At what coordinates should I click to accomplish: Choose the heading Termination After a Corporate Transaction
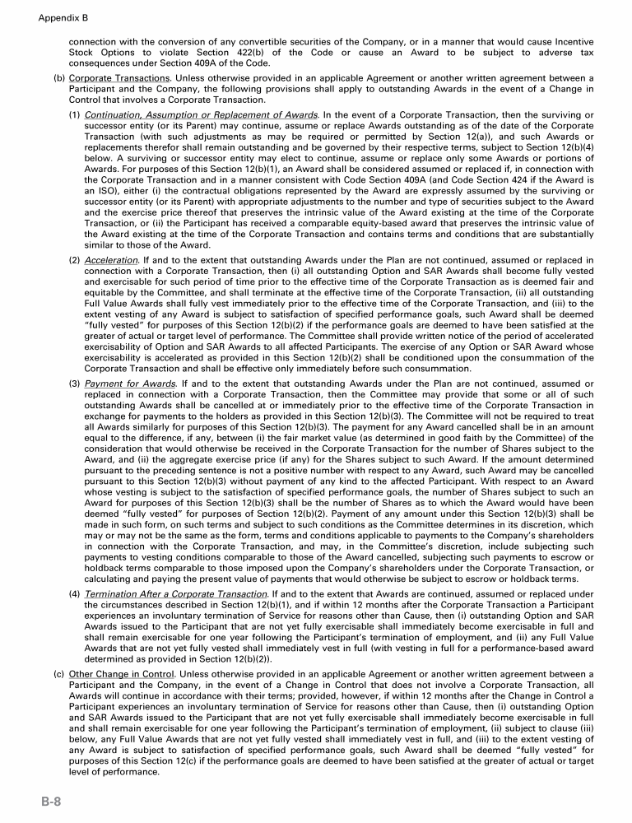176,593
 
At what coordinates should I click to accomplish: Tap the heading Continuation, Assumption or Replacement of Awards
202,114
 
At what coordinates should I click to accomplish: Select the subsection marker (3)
74,384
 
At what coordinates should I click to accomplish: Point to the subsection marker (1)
74,114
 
